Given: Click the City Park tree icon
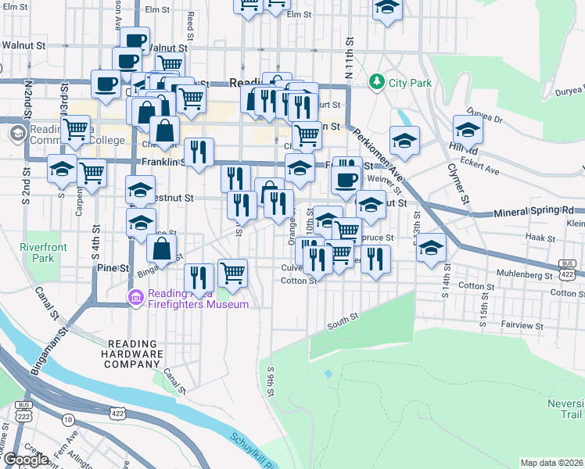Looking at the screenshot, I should [377, 81].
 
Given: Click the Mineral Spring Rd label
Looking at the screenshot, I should [539, 212].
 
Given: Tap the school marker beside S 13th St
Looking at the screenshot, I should [431, 248].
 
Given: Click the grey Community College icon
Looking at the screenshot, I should [16, 134].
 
